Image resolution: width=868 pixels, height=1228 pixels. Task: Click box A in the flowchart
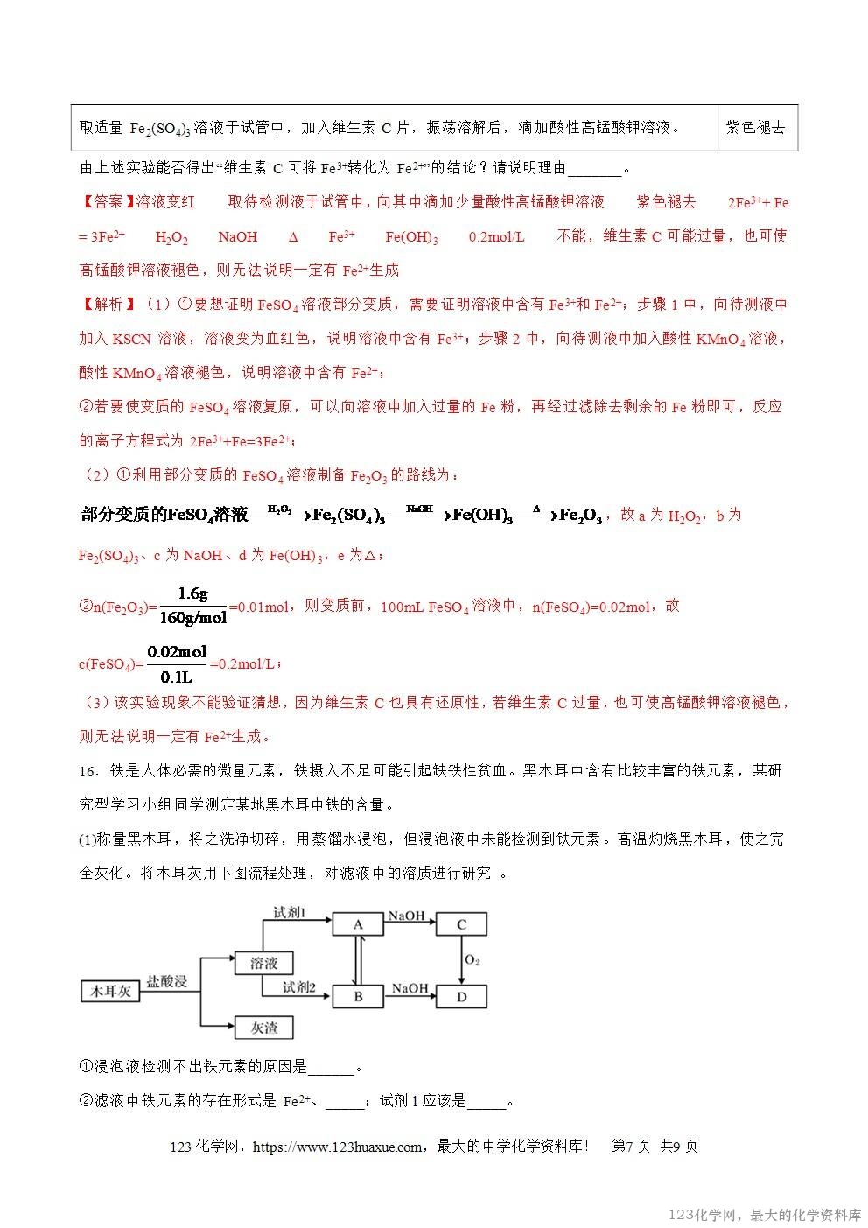click(358, 924)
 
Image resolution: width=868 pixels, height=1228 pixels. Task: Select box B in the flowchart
click(358, 996)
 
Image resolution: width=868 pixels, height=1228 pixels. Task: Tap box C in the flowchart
click(461, 924)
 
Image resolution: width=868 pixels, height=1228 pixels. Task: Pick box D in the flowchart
click(461, 996)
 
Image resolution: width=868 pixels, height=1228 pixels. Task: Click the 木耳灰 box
click(109, 991)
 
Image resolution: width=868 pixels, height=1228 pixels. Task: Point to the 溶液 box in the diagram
click(263, 963)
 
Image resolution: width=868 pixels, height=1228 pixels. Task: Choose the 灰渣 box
click(263, 1027)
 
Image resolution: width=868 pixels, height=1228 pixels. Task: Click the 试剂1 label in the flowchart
click(290, 913)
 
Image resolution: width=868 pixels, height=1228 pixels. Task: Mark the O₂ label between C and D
click(472, 960)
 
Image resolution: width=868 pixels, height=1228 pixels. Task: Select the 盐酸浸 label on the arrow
click(167, 981)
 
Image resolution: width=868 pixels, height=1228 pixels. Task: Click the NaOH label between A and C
click(406, 916)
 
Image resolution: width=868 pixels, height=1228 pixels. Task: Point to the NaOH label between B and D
click(409, 988)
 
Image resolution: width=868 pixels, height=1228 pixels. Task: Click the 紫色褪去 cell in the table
click(756, 127)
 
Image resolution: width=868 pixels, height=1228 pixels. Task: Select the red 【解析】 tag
click(107, 304)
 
